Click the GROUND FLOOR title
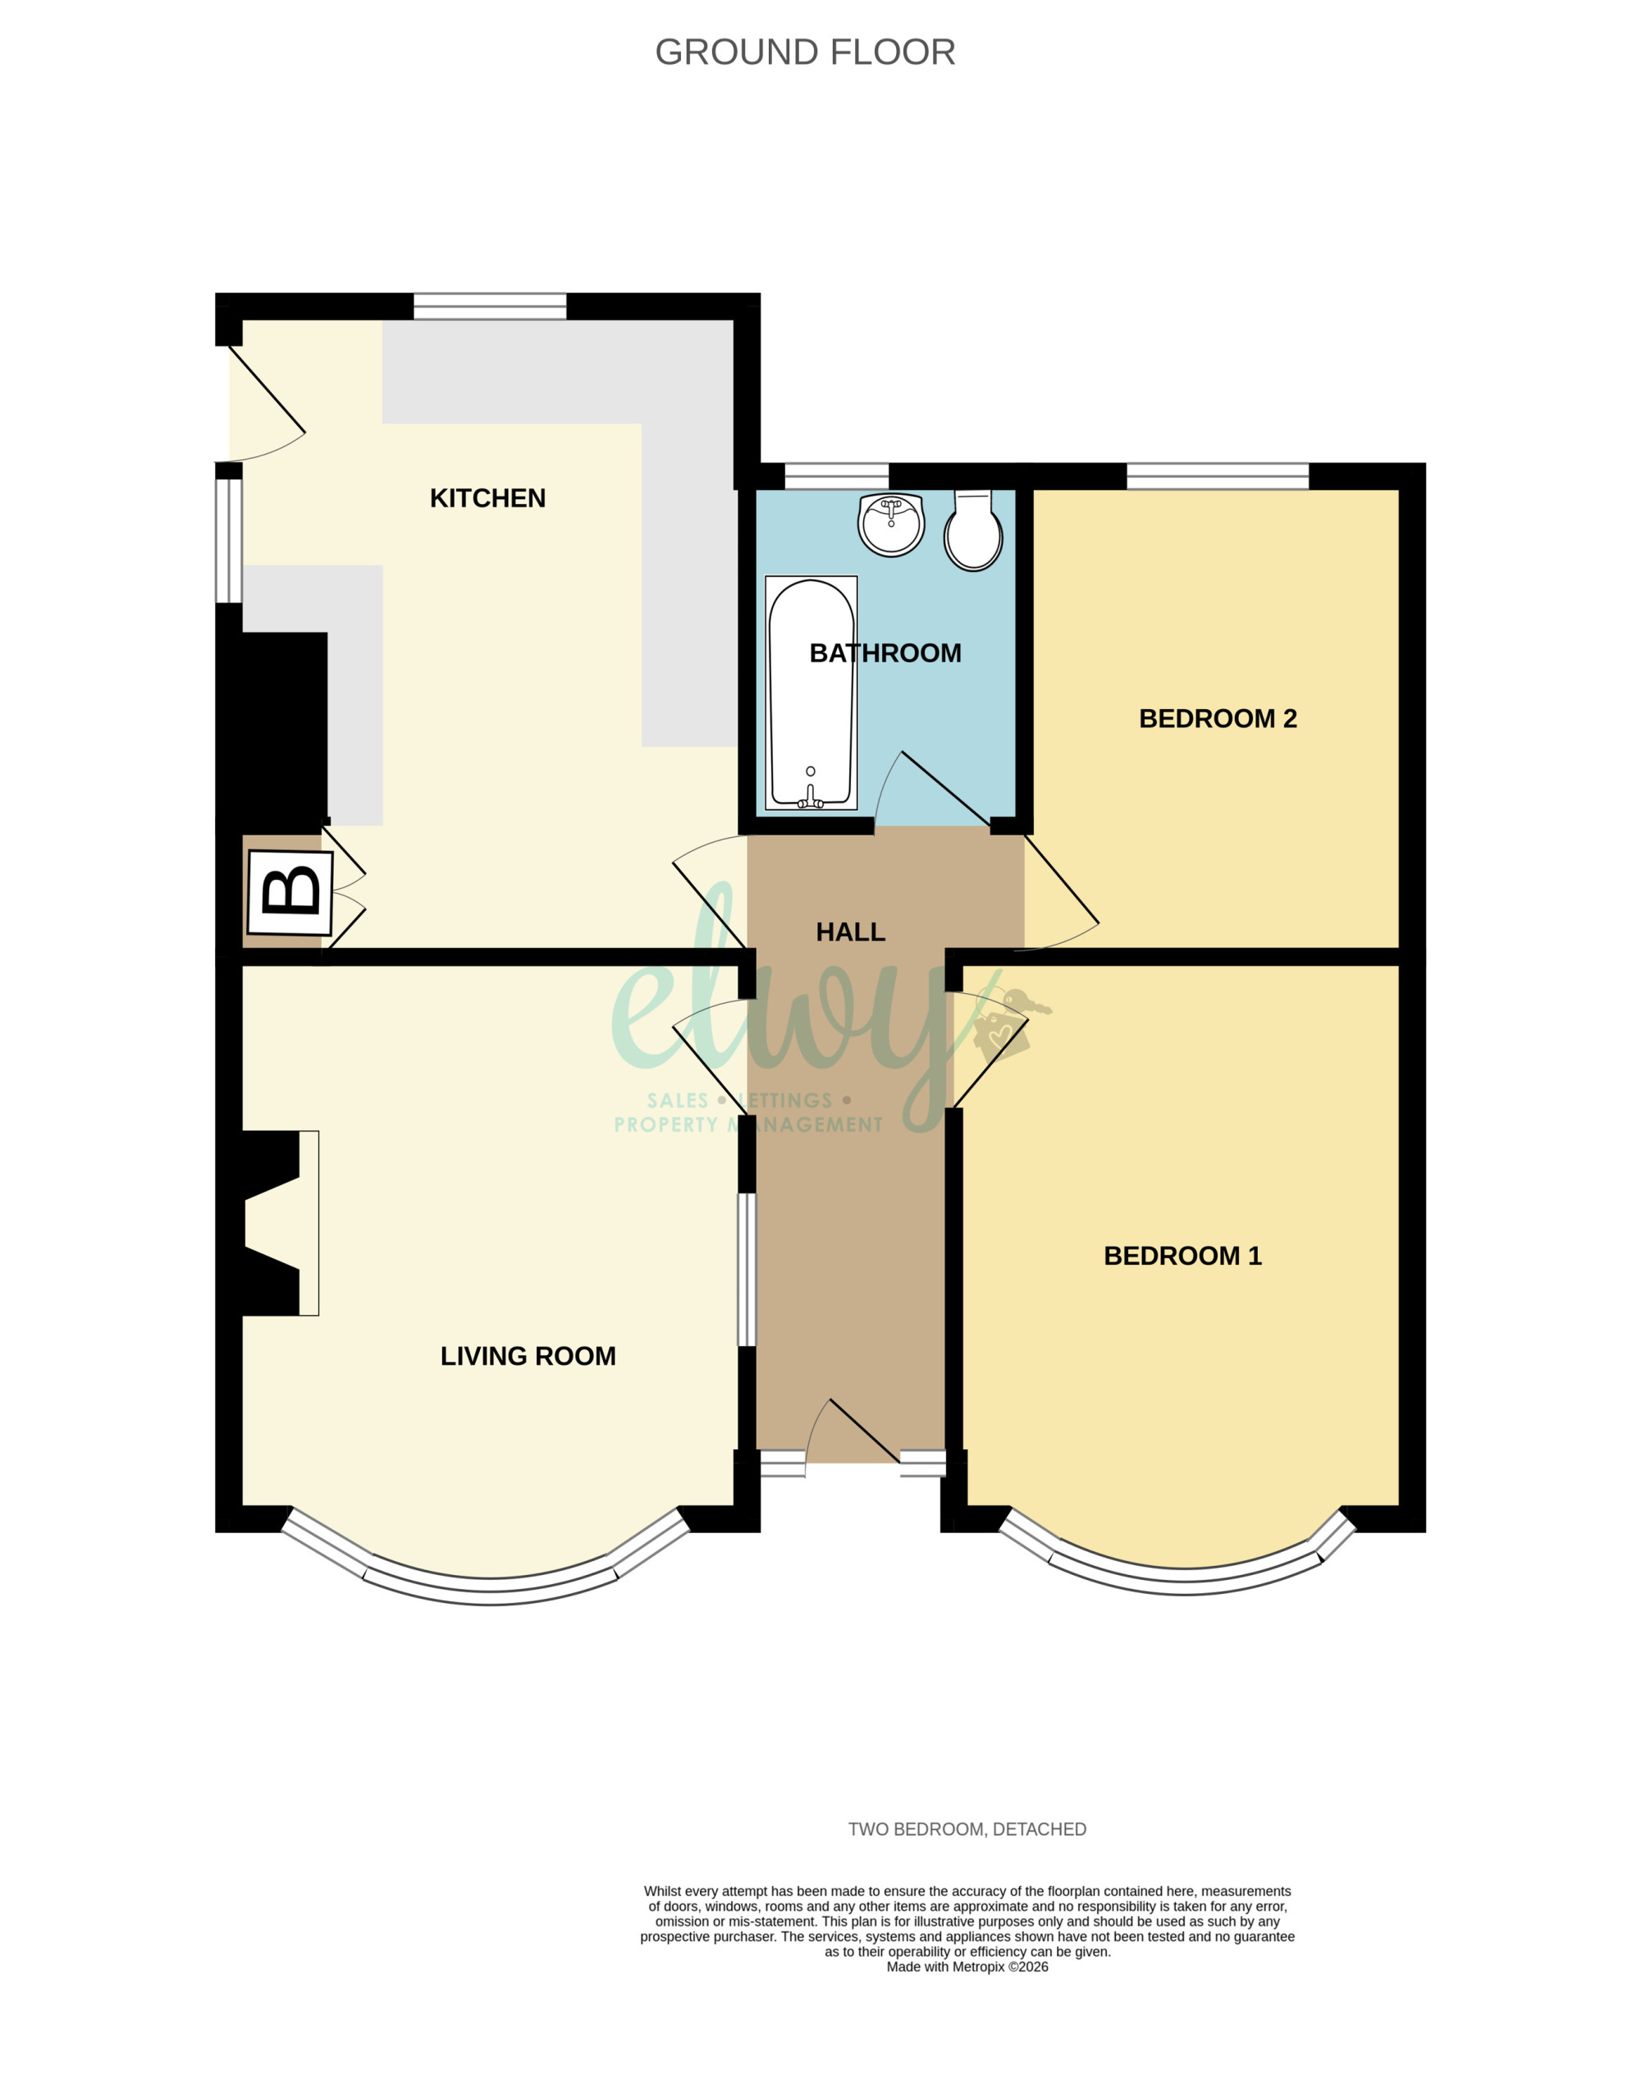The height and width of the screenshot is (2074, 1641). (x=805, y=52)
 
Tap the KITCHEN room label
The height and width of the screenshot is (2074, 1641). (x=487, y=498)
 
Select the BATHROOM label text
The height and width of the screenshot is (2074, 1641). (x=884, y=652)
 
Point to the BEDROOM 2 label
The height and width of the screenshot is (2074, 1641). (x=1218, y=718)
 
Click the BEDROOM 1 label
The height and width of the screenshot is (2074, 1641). (x=1182, y=1255)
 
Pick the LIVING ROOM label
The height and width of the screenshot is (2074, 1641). (x=528, y=1355)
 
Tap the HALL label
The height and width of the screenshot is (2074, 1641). (x=850, y=932)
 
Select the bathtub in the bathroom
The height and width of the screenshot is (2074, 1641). (x=811, y=693)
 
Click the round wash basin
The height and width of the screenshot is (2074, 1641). (x=890, y=524)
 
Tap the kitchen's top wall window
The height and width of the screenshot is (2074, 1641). (x=490, y=307)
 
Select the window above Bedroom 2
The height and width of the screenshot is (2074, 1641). (x=1218, y=477)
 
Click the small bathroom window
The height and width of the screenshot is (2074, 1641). (x=837, y=477)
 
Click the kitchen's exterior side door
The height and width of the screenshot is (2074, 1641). (x=266, y=404)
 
